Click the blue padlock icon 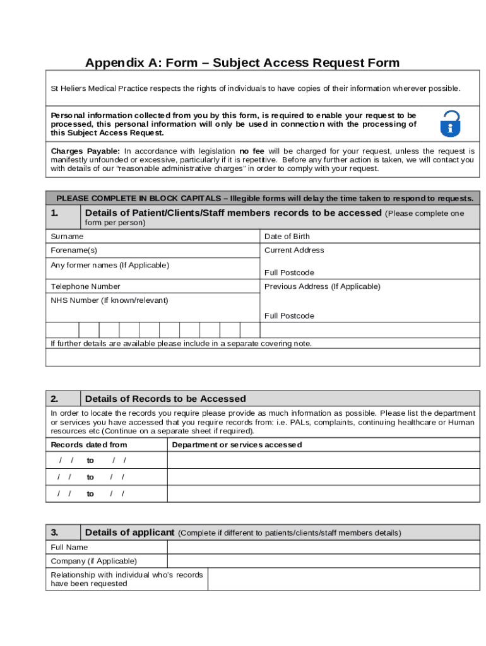(x=450, y=124)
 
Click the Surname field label (x=67, y=237)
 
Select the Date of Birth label (x=287, y=237)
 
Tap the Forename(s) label (x=74, y=250)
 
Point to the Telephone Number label (x=85, y=286)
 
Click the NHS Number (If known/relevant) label (x=109, y=300)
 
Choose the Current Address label (x=294, y=250)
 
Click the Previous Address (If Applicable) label (x=322, y=286)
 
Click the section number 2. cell (x=63, y=399)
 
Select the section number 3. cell (x=63, y=532)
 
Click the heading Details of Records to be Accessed (x=165, y=399)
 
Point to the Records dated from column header (x=88, y=445)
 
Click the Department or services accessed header (x=237, y=445)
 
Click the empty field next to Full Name (x=323, y=548)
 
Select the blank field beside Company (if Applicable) (x=323, y=561)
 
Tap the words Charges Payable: (x=85, y=151)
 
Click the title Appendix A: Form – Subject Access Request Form (x=242, y=62)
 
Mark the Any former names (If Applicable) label (x=110, y=265)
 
